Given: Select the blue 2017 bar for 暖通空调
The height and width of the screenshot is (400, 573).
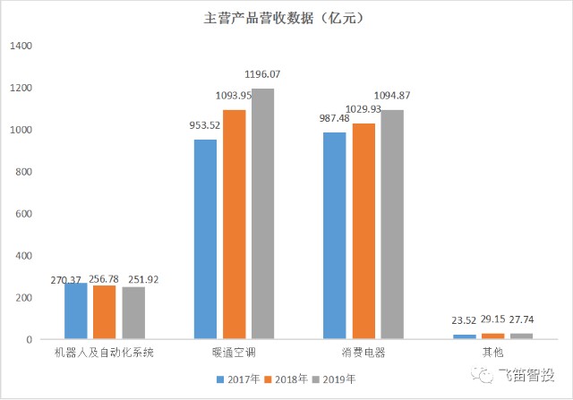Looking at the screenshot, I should (x=205, y=239).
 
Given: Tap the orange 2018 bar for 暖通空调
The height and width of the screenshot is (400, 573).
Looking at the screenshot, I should (x=234, y=225).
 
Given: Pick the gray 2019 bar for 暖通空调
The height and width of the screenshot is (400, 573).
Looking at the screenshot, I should (x=262, y=214).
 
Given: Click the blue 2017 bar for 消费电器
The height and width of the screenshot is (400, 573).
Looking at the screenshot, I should (x=334, y=235).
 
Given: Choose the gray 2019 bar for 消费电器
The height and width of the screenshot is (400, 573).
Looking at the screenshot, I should (x=391, y=225).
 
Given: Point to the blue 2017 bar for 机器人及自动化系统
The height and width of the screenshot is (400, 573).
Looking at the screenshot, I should (x=76, y=311).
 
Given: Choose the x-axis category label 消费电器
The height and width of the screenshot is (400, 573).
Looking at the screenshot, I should (x=363, y=353).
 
